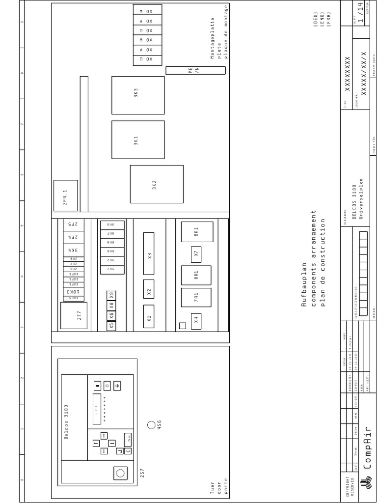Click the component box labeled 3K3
[x=138, y=95]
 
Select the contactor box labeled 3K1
[x=138, y=140]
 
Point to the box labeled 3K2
[x=156, y=184]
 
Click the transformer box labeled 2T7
[x=73, y=315]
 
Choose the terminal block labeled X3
[x=149, y=254]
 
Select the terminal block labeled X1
[x=149, y=317]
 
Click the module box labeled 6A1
[x=197, y=232]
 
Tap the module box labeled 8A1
[x=196, y=276]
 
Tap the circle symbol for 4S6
[x=151, y=425]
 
